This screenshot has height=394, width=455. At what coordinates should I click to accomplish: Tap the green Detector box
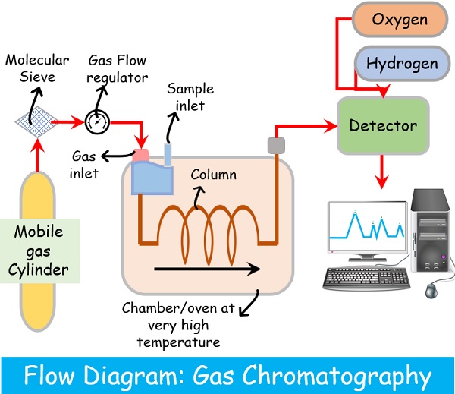coord(384,124)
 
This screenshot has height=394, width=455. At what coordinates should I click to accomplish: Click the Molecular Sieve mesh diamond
coord(36,120)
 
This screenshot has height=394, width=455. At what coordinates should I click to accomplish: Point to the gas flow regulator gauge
coord(97,121)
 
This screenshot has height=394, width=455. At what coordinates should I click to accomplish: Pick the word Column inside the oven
coord(213,175)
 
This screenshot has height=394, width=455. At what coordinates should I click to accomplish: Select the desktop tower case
coord(431,232)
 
